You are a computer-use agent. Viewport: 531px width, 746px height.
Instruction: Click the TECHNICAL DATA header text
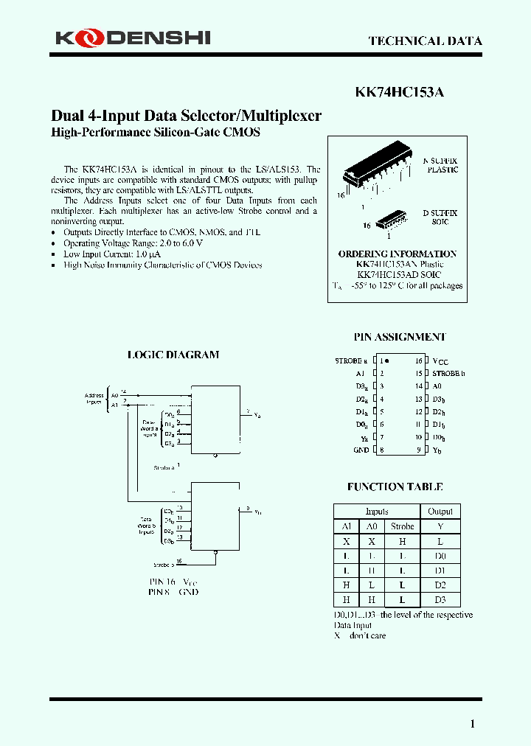pos(425,41)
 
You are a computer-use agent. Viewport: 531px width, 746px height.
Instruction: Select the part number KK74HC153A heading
pos(399,93)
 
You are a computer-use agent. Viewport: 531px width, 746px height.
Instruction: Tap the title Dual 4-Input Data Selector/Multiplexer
pos(186,116)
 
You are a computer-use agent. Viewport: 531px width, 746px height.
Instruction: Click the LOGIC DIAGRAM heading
pos(173,355)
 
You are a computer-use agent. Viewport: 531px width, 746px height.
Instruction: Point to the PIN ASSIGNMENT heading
pos(400,337)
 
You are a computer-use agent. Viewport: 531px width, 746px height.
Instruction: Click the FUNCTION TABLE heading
pos(395,487)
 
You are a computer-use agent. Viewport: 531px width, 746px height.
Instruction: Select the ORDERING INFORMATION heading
pos(398,254)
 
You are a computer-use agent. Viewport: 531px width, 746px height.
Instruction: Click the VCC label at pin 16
pos(440,361)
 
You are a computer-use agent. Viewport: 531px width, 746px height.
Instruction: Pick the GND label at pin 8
pos(361,450)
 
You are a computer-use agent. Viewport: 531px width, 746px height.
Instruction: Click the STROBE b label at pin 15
pos(448,374)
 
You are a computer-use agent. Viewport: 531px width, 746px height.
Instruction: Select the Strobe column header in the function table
pos(402,526)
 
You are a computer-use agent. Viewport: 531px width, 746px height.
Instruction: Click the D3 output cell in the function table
pos(440,600)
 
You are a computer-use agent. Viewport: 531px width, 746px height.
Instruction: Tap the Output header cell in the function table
pos(440,512)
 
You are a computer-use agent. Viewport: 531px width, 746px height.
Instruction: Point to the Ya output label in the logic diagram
pos(257,416)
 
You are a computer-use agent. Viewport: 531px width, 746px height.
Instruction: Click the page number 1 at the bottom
pos(472,724)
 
